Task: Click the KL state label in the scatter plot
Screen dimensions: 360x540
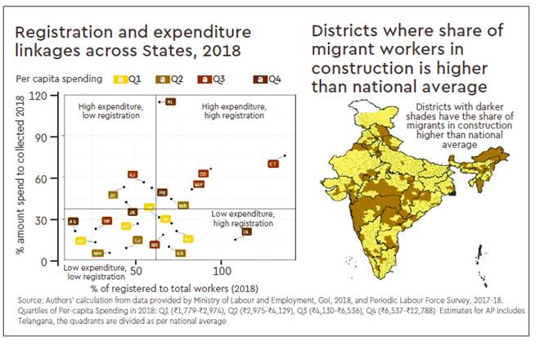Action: coord(170,101)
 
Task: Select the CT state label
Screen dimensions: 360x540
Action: coord(272,164)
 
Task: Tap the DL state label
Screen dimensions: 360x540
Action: coord(246,232)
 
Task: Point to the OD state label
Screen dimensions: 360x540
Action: coord(203,174)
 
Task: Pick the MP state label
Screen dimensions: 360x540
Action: coord(199,185)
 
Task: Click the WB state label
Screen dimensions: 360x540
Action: coord(182,205)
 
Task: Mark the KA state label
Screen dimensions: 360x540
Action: coord(179,253)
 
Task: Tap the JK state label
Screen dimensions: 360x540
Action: coord(133,212)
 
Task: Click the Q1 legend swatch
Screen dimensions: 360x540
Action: coord(119,79)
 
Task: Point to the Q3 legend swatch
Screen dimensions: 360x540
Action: coord(210,79)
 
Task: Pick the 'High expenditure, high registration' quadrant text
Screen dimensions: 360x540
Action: coord(232,111)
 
